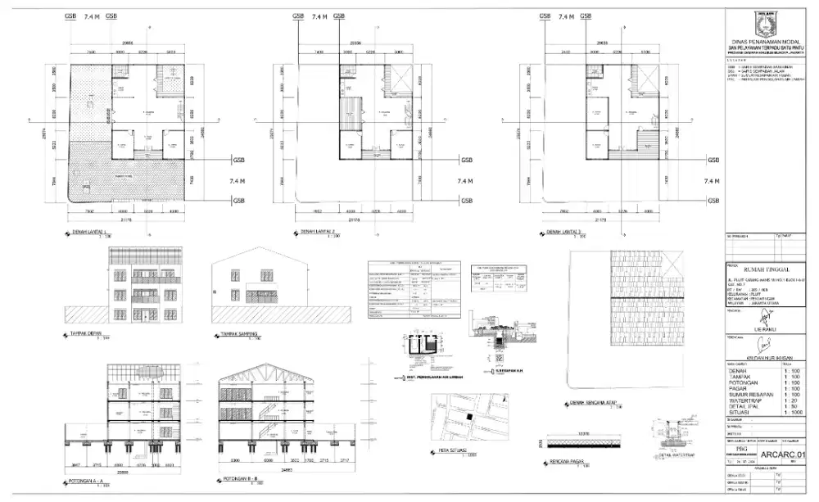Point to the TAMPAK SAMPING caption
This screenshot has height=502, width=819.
pyautogui.click(x=238, y=334)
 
